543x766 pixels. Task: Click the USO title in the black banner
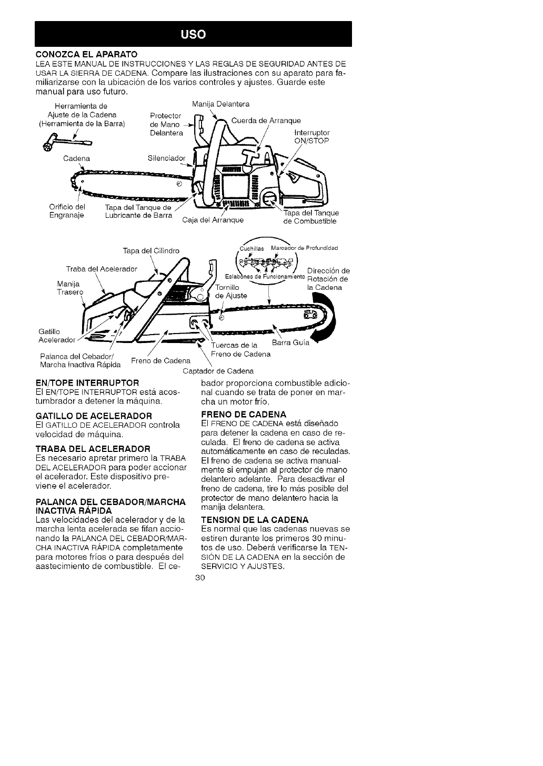[193, 35]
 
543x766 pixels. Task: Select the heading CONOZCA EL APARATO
[86, 54]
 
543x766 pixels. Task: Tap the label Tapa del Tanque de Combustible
[311, 217]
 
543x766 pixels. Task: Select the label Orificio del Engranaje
[67, 210]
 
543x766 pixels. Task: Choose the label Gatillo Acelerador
[57, 335]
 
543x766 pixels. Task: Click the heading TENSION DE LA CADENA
[255, 520]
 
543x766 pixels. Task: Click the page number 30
[199, 577]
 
